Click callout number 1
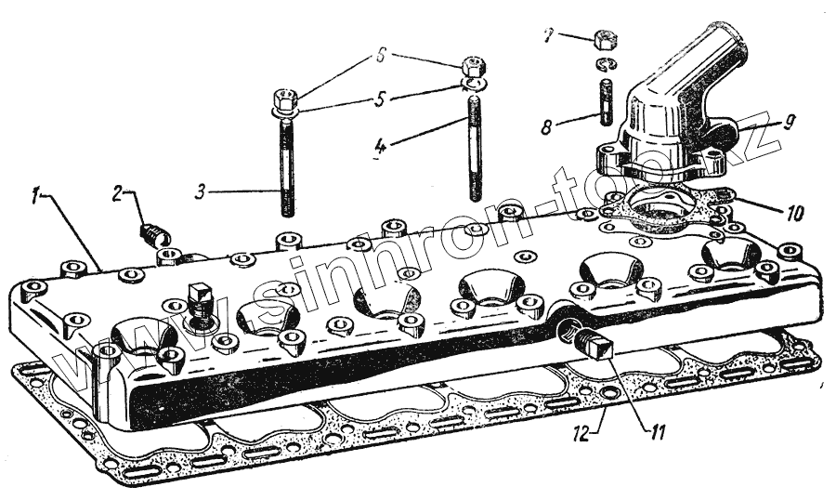34,195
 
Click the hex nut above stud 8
605,40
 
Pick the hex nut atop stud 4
472,68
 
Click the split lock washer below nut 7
605,64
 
